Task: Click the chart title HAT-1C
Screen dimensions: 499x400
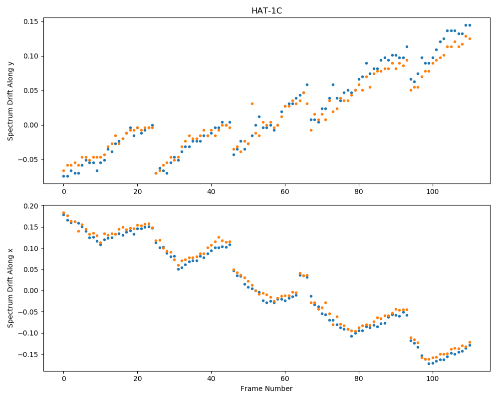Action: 266,11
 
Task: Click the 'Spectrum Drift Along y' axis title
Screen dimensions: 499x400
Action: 10,100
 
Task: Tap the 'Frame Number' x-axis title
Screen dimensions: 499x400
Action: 266,388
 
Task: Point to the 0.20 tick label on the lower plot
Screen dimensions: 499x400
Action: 31,206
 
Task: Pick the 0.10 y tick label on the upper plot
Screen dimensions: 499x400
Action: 31,56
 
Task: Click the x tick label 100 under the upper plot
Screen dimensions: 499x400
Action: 433,191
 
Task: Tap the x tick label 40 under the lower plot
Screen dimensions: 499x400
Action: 211,379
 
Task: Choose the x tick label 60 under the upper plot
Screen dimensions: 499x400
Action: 285,191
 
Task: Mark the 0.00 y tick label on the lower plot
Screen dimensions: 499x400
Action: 31,291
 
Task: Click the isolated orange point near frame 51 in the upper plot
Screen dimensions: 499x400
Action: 252,103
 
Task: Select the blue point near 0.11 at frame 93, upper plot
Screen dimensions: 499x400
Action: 407,46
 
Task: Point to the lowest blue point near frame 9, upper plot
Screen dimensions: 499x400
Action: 97,170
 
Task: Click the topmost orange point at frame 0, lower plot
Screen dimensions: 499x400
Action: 64,213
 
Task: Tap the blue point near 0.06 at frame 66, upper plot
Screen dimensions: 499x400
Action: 307,85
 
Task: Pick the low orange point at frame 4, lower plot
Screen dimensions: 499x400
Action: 79,231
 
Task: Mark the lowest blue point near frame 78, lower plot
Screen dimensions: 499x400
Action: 352,336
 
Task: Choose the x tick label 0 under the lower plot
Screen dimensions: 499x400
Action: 64,379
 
